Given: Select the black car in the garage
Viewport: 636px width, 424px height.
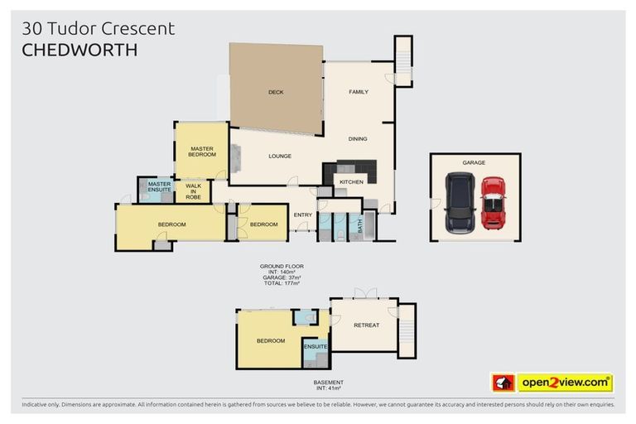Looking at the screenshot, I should pyautogui.click(x=459, y=203).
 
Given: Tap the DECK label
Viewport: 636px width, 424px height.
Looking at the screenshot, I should pyautogui.click(x=276, y=92).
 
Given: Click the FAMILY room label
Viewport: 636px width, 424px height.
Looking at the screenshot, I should pyautogui.click(x=358, y=92).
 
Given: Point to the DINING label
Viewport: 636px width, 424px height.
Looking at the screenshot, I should pyautogui.click(x=357, y=139).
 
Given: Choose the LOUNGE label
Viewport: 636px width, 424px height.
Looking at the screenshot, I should pyautogui.click(x=280, y=156).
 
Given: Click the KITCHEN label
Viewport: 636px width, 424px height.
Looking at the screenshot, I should pyautogui.click(x=352, y=181).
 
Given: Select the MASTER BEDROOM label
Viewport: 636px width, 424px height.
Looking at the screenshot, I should pyautogui.click(x=201, y=151).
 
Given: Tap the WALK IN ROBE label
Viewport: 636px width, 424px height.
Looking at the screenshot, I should pyautogui.click(x=193, y=191).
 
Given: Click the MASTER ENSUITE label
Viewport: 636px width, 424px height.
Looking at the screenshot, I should pyautogui.click(x=159, y=187).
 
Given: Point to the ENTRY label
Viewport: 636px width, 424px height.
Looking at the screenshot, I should pyautogui.click(x=303, y=215).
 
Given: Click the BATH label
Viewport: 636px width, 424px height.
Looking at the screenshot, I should pyautogui.click(x=359, y=224).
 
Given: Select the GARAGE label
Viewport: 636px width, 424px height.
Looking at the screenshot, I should pyautogui.click(x=474, y=163).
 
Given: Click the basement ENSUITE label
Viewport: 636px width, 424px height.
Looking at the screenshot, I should pyautogui.click(x=316, y=346).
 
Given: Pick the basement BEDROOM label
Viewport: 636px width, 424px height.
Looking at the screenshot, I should pyautogui.click(x=270, y=340).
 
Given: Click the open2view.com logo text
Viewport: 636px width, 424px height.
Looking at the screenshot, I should pyautogui.click(x=565, y=383).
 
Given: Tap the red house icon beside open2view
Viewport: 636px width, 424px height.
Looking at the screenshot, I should pyautogui.click(x=503, y=383).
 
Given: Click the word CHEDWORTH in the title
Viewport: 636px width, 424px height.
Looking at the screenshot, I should pyautogui.click(x=79, y=51).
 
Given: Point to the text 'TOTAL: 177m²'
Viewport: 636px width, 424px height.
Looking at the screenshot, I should pyautogui.click(x=282, y=283).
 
